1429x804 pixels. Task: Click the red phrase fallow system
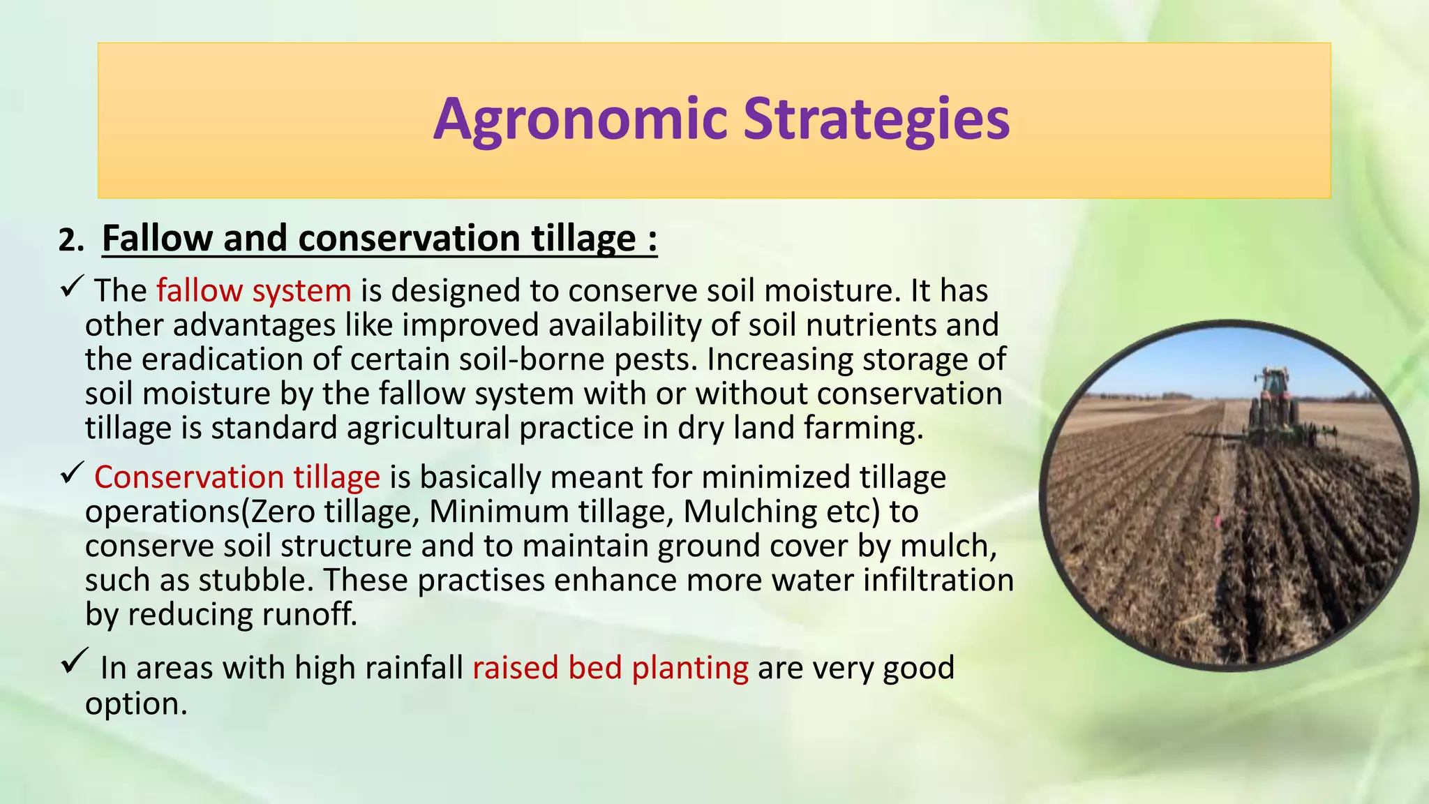coord(254,290)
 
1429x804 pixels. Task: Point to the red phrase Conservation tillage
coord(237,477)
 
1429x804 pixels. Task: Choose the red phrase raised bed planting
coord(611,668)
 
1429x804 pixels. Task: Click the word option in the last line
coord(135,703)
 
